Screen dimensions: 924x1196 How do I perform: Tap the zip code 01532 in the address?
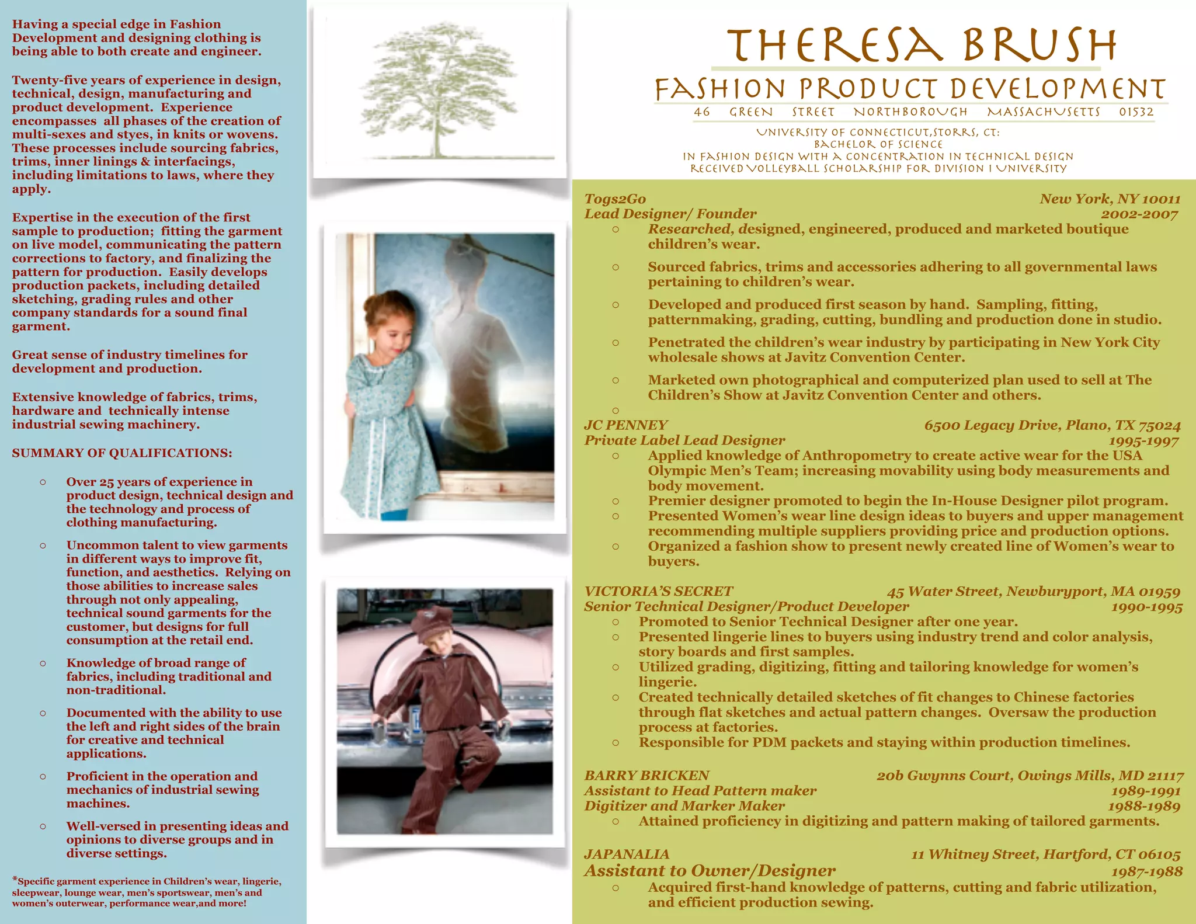(1136, 112)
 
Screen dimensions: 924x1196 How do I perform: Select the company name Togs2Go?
(615, 199)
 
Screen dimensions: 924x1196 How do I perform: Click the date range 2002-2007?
(1139, 214)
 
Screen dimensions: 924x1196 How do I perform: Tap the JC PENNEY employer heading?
(625, 425)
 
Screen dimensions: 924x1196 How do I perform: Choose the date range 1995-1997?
(1143, 441)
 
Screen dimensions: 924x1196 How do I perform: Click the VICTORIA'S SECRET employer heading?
(658, 592)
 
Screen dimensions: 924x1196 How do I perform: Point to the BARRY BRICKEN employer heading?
(646, 776)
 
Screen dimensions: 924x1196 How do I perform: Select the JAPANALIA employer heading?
(627, 854)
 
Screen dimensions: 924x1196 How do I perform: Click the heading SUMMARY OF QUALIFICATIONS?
(122, 453)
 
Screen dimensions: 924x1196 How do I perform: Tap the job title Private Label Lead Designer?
(684, 440)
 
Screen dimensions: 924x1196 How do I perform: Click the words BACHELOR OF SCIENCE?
(878, 144)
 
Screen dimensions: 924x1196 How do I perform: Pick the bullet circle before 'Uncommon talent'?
(43, 546)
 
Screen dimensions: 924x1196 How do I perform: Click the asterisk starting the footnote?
(15, 880)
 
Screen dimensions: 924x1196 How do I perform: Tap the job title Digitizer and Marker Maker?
(684, 806)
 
